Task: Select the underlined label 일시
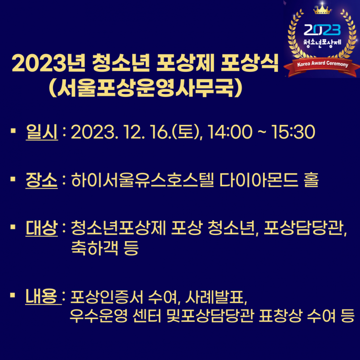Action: click(x=41, y=132)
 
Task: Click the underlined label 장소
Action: click(x=41, y=180)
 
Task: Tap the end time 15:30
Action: click(x=293, y=132)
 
